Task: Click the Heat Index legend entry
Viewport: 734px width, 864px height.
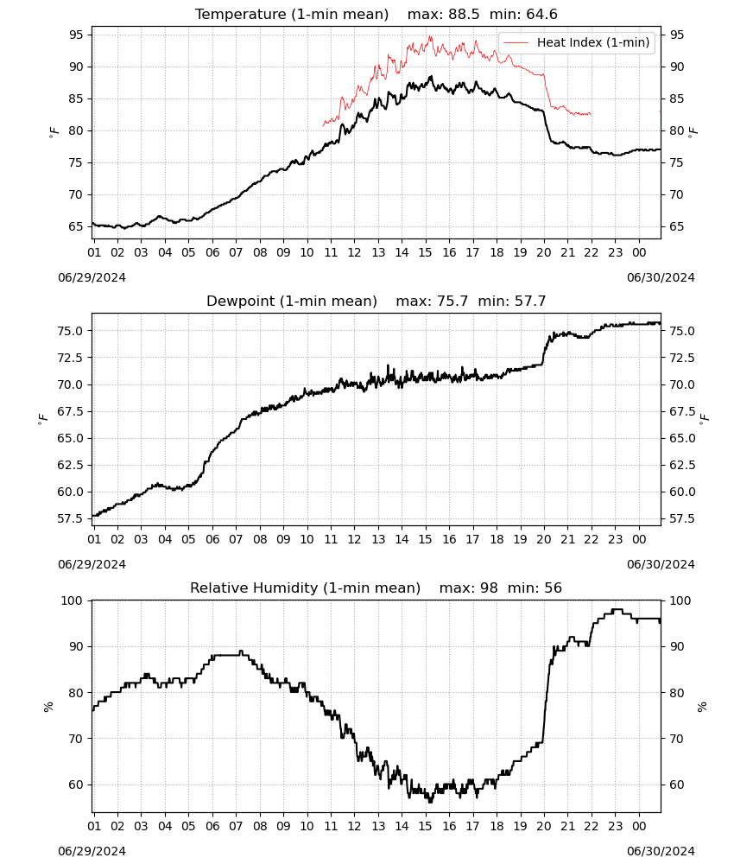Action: tap(577, 42)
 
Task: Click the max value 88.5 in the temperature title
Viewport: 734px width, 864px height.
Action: tap(465, 15)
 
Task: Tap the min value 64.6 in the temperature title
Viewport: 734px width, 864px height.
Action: tap(541, 15)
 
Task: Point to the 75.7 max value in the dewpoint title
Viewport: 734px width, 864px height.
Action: tap(452, 302)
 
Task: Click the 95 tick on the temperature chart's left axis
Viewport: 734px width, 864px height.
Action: tap(77, 35)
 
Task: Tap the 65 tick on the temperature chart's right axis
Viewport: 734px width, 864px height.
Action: tap(677, 226)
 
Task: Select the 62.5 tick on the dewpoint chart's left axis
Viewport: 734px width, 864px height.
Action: tap(71, 465)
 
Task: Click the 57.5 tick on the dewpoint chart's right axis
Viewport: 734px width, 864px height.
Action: tap(682, 518)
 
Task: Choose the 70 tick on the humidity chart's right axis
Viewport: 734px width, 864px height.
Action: tap(677, 739)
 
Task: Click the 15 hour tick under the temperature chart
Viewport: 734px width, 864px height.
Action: tap(425, 252)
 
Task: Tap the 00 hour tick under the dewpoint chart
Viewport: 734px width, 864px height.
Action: tap(639, 539)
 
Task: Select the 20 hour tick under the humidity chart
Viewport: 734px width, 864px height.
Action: tap(544, 827)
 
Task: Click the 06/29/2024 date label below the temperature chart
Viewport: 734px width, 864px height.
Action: tap(92, 277)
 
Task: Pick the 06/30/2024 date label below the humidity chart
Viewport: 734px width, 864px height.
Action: tap(661, 851)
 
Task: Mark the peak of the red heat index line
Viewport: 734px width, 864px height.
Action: tap(430, 36)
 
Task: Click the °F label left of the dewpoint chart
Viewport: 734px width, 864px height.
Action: tap(43, 418)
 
